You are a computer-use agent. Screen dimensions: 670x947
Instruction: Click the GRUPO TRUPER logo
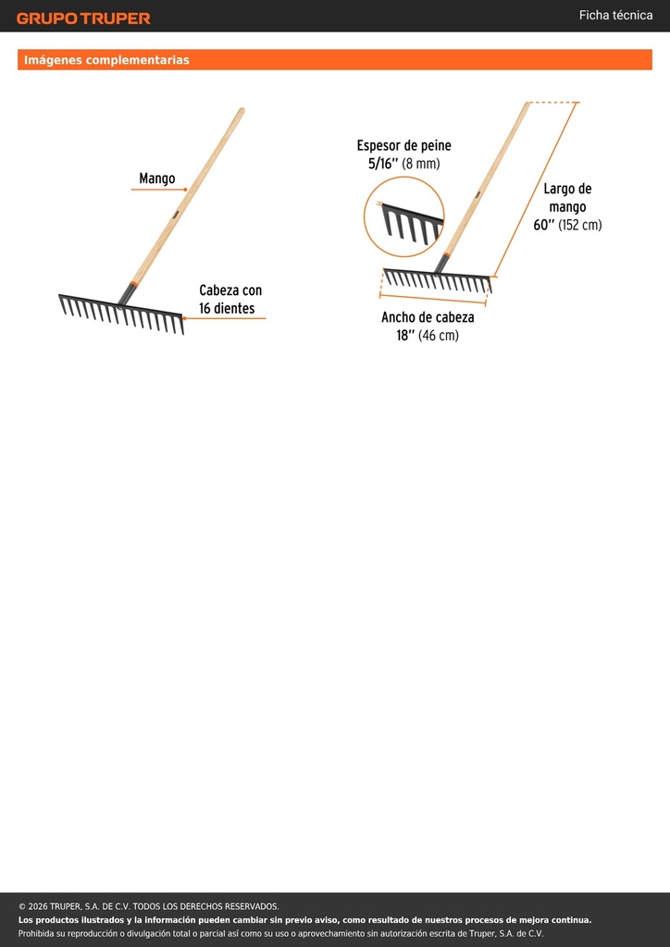click(x=83, y=18)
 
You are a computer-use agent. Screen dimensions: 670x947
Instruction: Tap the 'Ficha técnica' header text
click(x=615, y=15)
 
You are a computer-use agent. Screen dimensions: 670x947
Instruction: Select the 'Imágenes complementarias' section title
click(x=106, y=60)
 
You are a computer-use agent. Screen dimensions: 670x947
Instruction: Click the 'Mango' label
click(x=157, y=178)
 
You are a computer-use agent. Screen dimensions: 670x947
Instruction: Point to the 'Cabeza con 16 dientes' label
click(x=230, y=300)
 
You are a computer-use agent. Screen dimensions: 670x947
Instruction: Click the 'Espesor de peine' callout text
click(x=403, y=145)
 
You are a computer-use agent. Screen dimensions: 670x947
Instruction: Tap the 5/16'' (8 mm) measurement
click(x=404, y=163)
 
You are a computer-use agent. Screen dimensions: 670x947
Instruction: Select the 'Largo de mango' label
click(x=567, y=198)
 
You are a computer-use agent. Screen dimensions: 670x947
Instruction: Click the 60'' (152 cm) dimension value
click(x=567, y=225)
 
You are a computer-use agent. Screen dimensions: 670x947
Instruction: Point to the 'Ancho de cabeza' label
click(x=428, y=317)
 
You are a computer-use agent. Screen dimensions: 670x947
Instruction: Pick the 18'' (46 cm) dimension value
click(x=428, y=335)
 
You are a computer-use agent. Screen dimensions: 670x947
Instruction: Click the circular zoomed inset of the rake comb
click(x=404, y=216)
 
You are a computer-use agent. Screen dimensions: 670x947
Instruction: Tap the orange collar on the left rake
click(x=133, y=283)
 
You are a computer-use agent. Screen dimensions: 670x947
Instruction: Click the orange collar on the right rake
click(x=446, y=255)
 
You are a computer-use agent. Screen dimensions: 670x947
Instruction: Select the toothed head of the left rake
click(x=121, y=313)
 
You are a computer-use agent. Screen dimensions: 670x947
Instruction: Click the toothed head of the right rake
click(x=438, y=279)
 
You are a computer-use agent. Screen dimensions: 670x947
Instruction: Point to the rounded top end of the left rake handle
click(x=241, y=111)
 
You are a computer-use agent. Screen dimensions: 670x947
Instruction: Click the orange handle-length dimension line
click(x=536, y=190)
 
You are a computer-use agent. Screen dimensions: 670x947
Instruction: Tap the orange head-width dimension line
click(x=432, y=300)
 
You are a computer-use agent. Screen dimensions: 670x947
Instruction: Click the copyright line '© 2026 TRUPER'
click(x=149, y=906)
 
